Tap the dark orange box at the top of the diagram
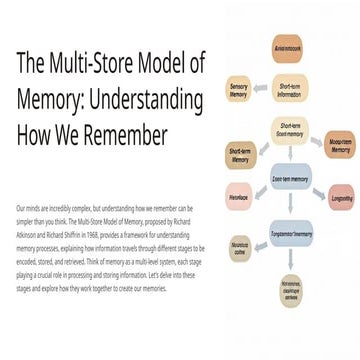pos(289,47)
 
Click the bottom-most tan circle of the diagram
pos(290,291)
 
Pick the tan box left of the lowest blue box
pos(241,245)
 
